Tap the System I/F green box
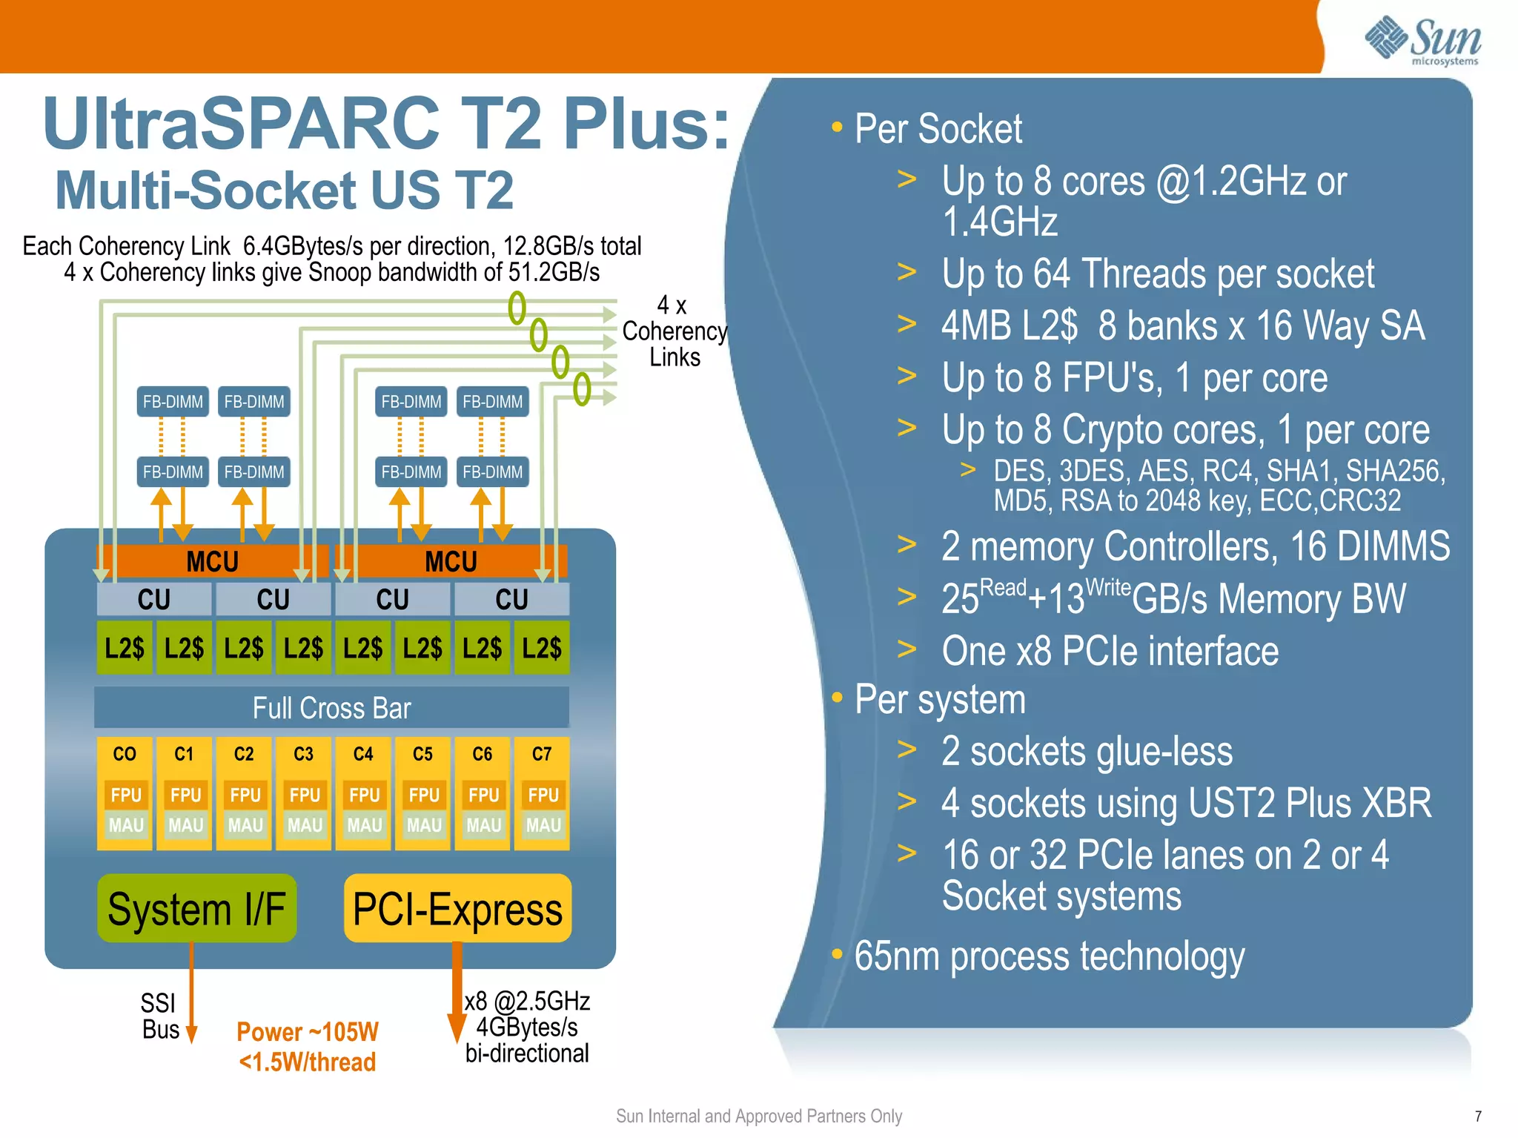[x=196, y=908]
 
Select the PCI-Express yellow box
[x=457, y=908]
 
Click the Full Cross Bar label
[x=331, y=707]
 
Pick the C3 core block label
[x=303, y=754]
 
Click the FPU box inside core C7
[x=543, y=795]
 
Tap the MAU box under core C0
[x=125, y=825]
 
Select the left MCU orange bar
[x=212, y=561]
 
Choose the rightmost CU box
[x=511, y=599]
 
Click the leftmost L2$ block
[x=125, y=648]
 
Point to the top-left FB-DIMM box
[x=173, y=402]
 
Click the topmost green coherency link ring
[x=517, y=307]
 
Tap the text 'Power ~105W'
[x=307, y=1031]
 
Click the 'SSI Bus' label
[x=159, y=1016]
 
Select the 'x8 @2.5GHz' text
[x=527, y=1001]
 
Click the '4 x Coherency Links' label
[x=674, y=331]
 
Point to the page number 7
[x=1477, y=1116]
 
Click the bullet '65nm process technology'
[x=1049, y=956]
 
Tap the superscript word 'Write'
[x=1107, y=587]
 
